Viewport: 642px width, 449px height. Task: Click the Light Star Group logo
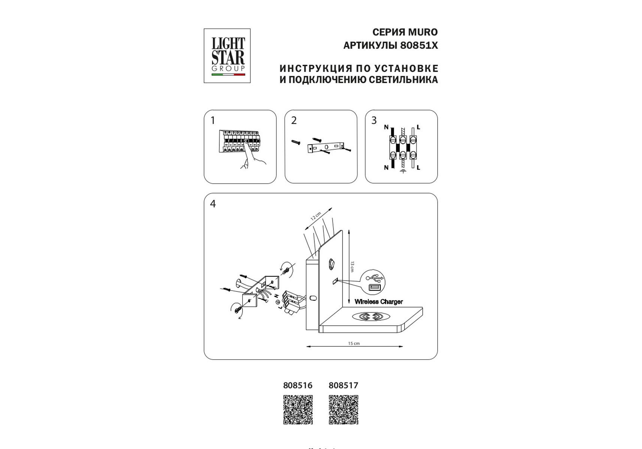(227, 56)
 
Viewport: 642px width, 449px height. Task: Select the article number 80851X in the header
(419, 46)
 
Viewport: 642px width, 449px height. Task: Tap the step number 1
(213, 120)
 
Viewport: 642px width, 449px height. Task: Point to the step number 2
(294, 120)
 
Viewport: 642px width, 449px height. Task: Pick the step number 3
(374, 120)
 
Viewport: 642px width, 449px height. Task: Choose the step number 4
(213, 204)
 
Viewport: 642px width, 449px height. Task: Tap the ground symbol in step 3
(403, 171)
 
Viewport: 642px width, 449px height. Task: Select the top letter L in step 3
(418, 127)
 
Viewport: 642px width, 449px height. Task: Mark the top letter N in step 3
(386, 127)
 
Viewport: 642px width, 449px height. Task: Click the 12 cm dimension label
(316, 216)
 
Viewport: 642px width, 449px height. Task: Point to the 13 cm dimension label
(352, 267)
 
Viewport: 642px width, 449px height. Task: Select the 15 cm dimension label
(354, 343)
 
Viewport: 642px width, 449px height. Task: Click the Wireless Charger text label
(378, 302)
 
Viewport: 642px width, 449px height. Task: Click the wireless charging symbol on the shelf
(371, 317)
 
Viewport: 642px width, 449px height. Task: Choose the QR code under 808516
(298, 410)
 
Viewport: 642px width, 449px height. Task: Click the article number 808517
(343, 385)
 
